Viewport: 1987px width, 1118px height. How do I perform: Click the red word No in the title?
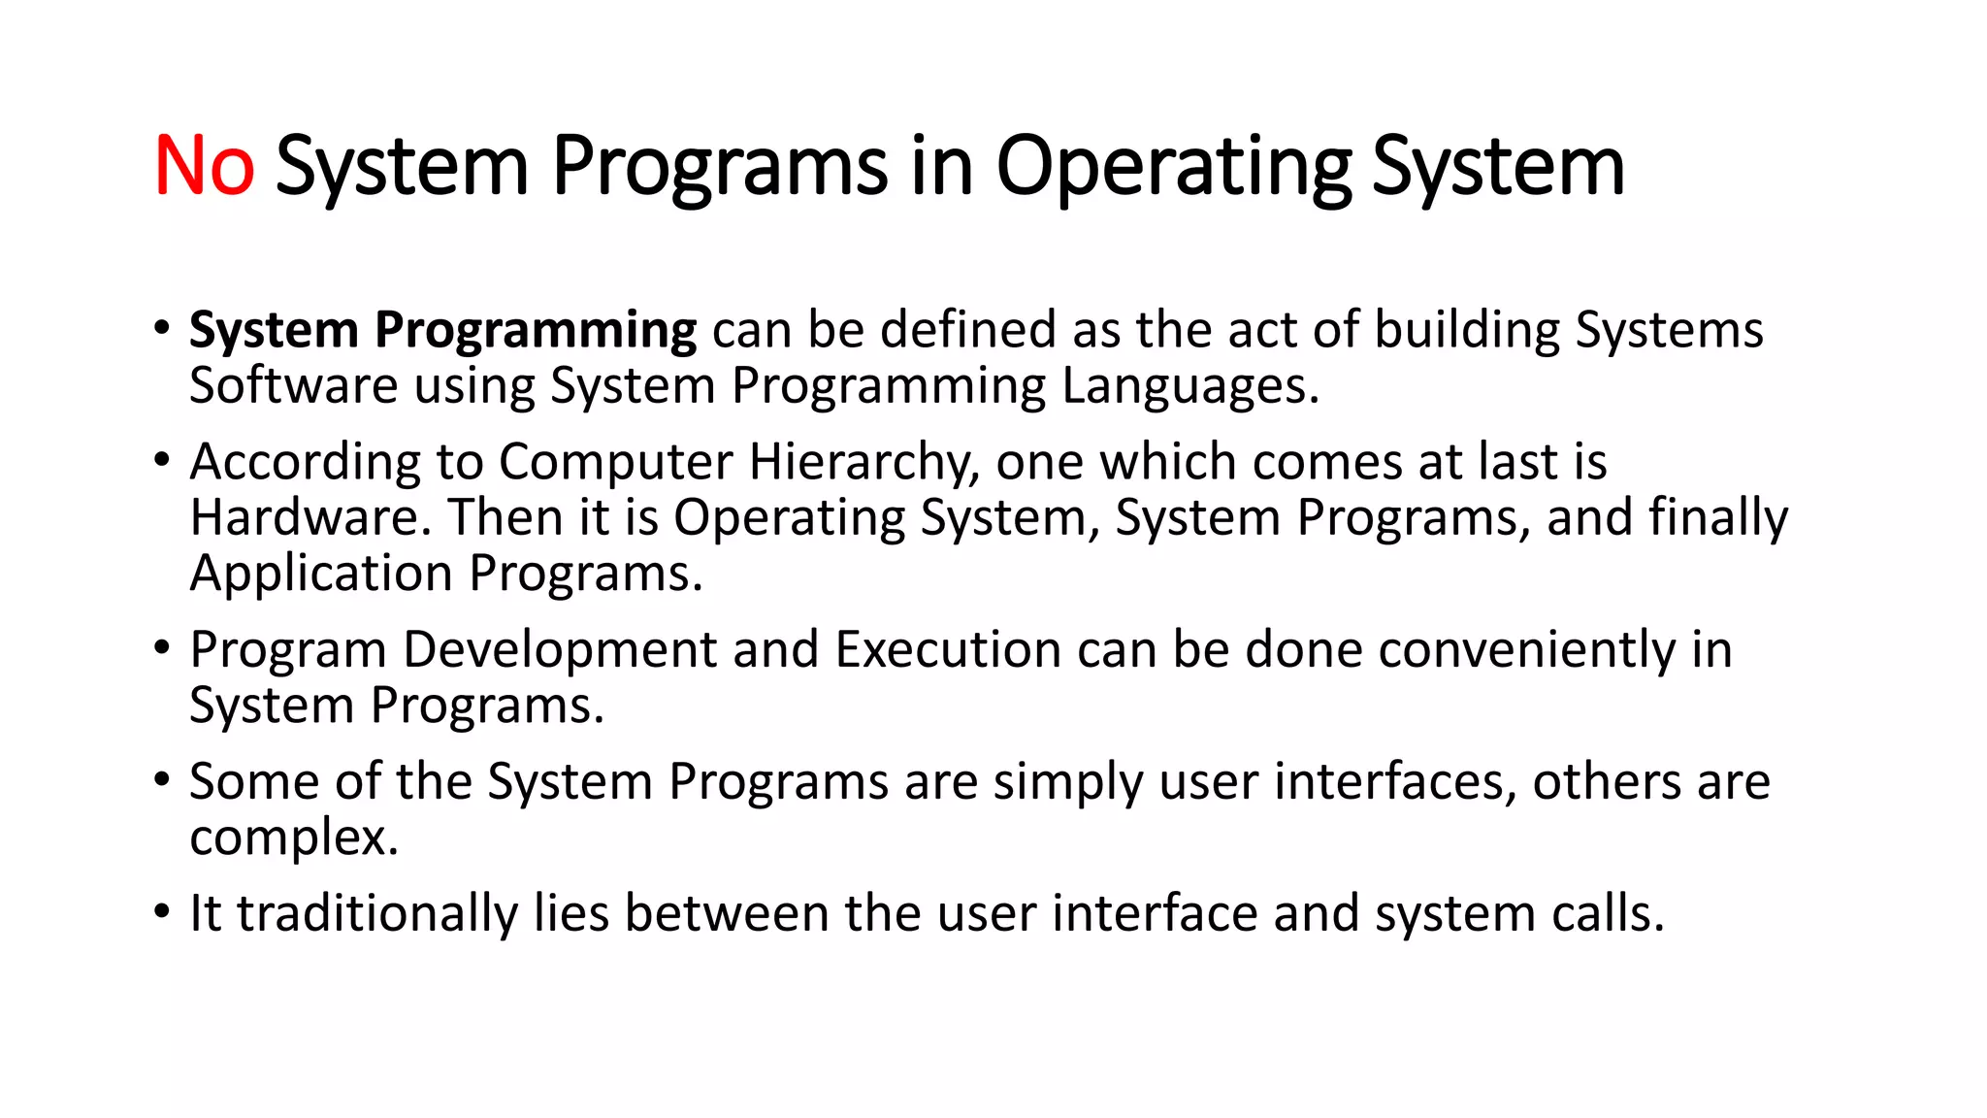[x=204, y=166]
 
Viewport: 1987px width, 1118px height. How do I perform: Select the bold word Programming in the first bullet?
[x=536, y=330]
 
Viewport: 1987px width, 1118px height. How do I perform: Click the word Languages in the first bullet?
[x=1189, y=386]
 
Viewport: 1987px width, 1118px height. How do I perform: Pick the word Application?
[x=321, y=574]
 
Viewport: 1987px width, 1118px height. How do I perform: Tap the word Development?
[x=559, y=649]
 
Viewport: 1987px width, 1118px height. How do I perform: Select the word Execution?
[x=948, y=649]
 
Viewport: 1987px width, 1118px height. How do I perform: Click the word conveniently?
[x=1527, y=649]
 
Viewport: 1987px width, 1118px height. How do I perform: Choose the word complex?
[x=293, y=838]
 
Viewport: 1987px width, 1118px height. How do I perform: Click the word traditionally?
[x=377, y=913]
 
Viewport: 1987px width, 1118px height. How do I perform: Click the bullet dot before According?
[x=162, y=460]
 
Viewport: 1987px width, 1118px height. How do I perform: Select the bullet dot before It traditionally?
[x=162, y=912]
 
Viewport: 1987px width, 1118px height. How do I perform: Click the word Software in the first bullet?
[x=293, y=386]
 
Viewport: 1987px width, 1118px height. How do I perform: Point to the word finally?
[x=1717, y=517]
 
